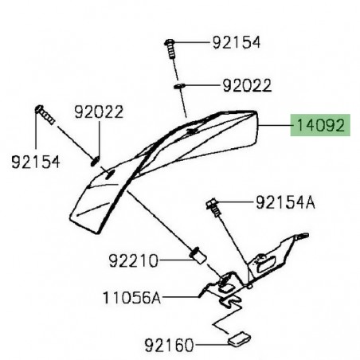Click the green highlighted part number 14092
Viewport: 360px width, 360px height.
318,125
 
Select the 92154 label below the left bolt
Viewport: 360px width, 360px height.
36,162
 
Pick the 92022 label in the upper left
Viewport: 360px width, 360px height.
99,112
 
